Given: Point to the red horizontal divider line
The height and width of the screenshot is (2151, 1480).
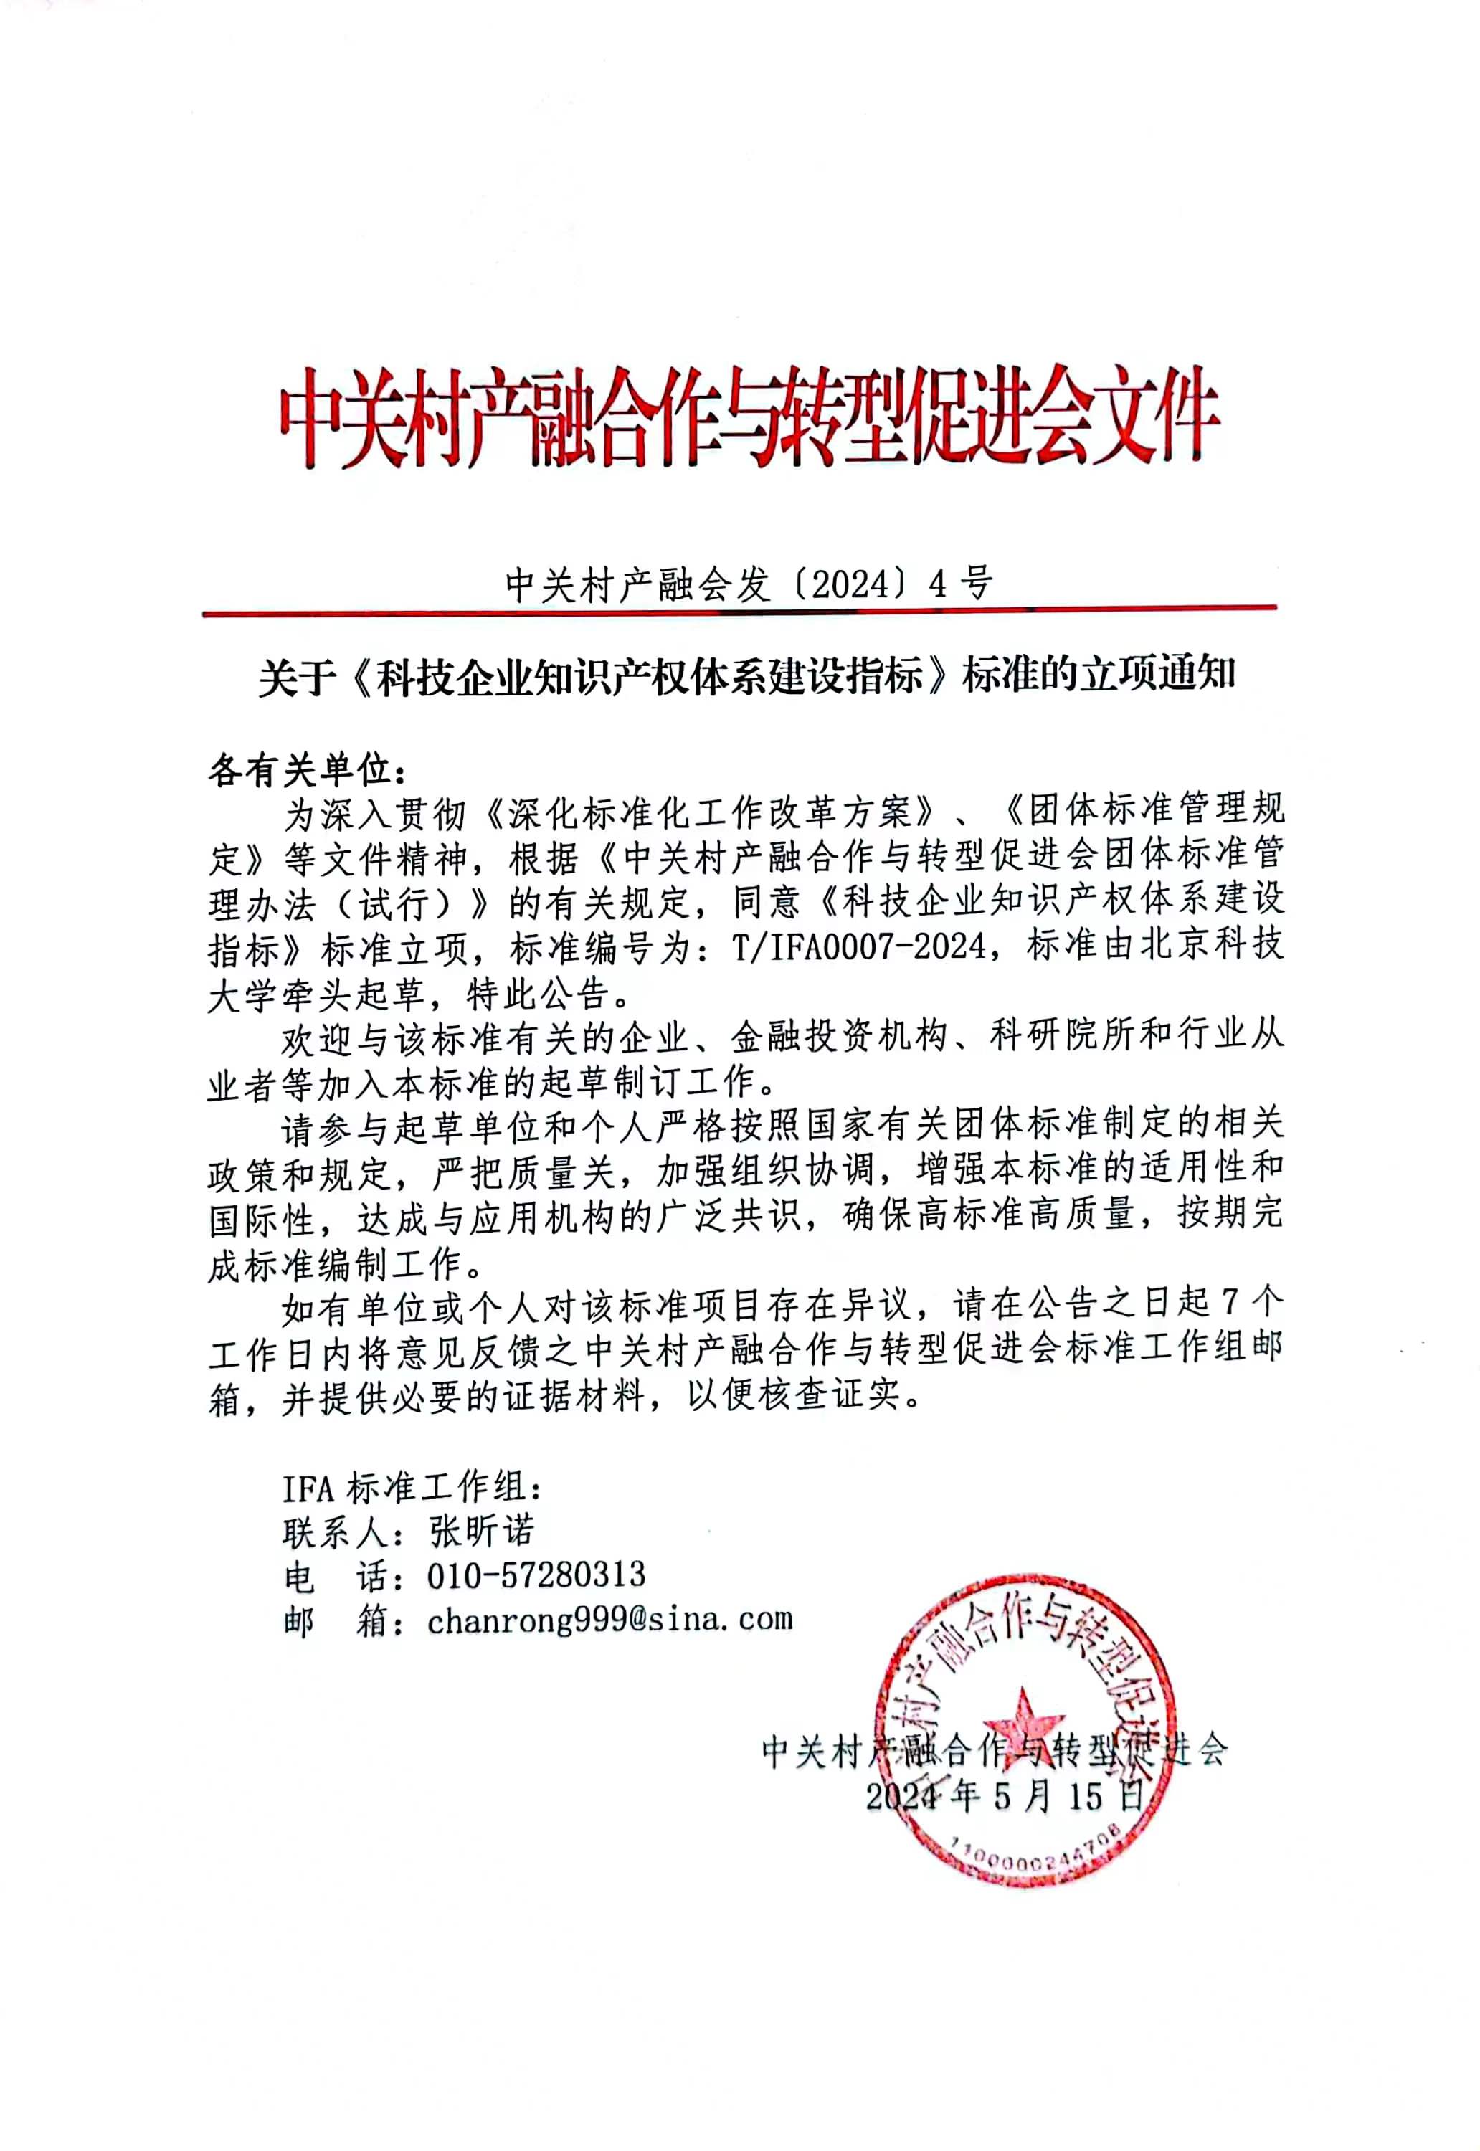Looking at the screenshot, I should pyautogui.click(x=740, y=611).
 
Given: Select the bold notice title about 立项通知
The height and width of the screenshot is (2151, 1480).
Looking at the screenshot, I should pyautogui.click(x=747, y=676).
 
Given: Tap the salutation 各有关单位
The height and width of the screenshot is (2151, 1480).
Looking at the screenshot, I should pyautogui.click(x=306, y=769).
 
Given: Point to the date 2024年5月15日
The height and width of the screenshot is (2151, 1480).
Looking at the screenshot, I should pyautogui.click(x=1005, y=1797).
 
